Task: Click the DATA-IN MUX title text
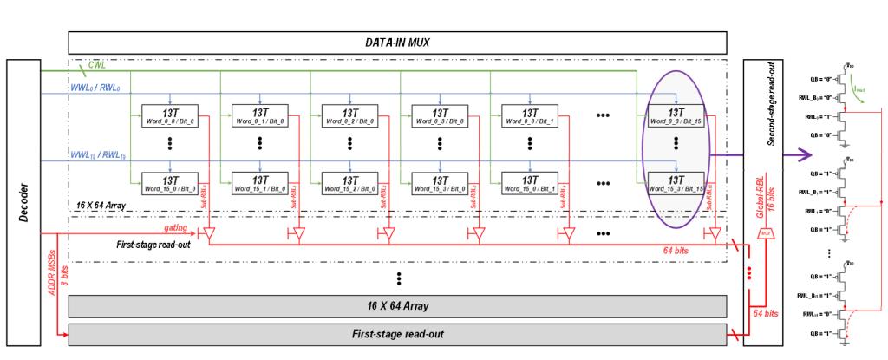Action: coord(396,42)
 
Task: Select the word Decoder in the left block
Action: coord(23,201)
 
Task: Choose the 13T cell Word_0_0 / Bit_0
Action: coord(170,116)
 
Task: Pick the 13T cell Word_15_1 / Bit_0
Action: coord(260,183)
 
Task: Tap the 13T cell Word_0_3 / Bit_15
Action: coord(676,116)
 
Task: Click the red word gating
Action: coord(177,226)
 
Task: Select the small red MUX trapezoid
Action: coord(763,234)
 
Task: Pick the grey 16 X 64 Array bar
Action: coord(396,305)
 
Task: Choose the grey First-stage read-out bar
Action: coord(396,333)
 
